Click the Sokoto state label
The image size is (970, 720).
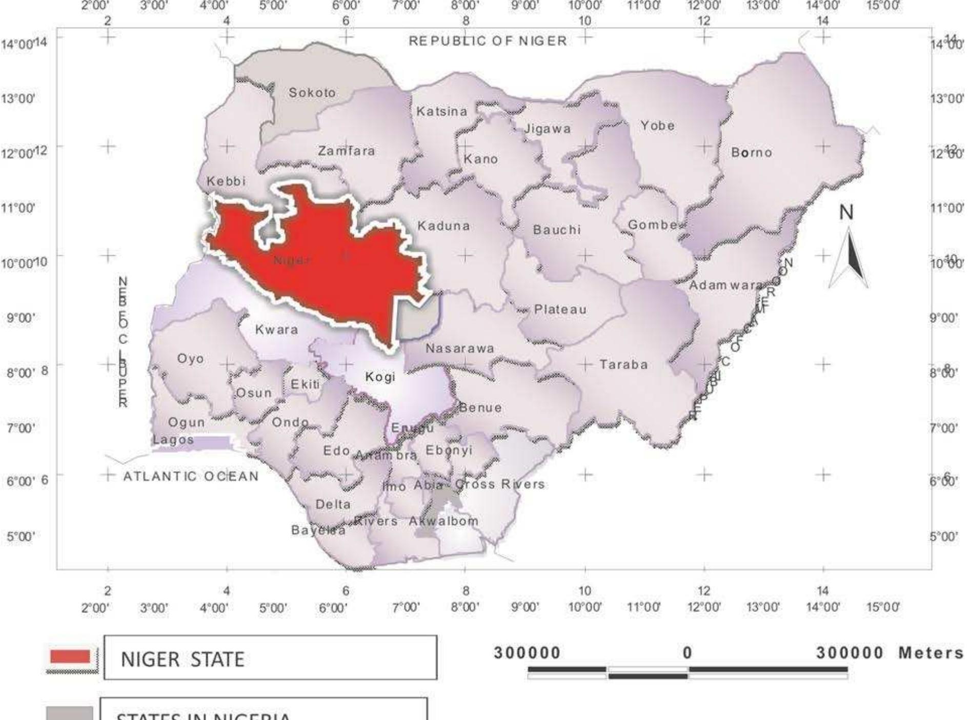coord(312,93)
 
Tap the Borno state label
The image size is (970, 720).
coord(751,152)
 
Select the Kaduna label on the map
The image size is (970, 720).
coord(443,226)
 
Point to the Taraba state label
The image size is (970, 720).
coord(624,364)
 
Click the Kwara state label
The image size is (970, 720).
coord(276,330)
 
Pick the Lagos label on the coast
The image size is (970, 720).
coord(173,440)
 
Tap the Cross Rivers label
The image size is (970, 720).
coord(500,484)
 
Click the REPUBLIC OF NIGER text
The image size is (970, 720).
coord(488,40)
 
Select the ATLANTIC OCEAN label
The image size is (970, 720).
coord(191,476)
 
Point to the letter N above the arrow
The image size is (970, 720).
coord(846,212)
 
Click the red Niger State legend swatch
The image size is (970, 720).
coord(70,657)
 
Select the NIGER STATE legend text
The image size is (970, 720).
coord(183,659)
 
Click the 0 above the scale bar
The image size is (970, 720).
coord(687,653)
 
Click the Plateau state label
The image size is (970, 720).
coord(560,310)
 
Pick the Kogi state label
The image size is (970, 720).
coord(380,377)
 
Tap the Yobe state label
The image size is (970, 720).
coord(657,126)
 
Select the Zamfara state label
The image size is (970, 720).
coord(347,151)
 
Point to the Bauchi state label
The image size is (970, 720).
coord(557,230)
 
